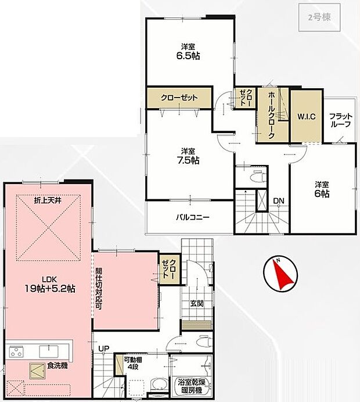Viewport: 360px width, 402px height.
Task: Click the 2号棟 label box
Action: point(319,17)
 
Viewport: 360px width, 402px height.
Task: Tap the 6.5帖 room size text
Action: point(188,56)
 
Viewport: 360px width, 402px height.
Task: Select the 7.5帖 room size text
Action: point(188,160)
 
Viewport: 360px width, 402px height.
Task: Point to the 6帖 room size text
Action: point(322,193)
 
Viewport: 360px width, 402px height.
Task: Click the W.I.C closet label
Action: point(306,116)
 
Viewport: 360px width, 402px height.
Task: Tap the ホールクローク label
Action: point(271,115)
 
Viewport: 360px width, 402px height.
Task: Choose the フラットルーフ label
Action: point(340,120)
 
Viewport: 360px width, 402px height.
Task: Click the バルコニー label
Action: point(193,218)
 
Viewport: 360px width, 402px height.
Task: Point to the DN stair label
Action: point(279,201)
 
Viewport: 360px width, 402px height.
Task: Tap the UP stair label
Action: point(104,349)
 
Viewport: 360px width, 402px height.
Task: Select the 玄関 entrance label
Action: point(197,304)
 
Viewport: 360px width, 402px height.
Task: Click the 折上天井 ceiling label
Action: point(48,200)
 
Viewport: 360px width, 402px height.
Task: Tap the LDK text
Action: point(50,279)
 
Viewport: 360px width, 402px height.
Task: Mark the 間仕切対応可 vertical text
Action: point(99,289)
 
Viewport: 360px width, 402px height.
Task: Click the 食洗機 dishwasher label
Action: point(57,365)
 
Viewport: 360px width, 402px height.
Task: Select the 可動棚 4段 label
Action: point(133,362)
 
